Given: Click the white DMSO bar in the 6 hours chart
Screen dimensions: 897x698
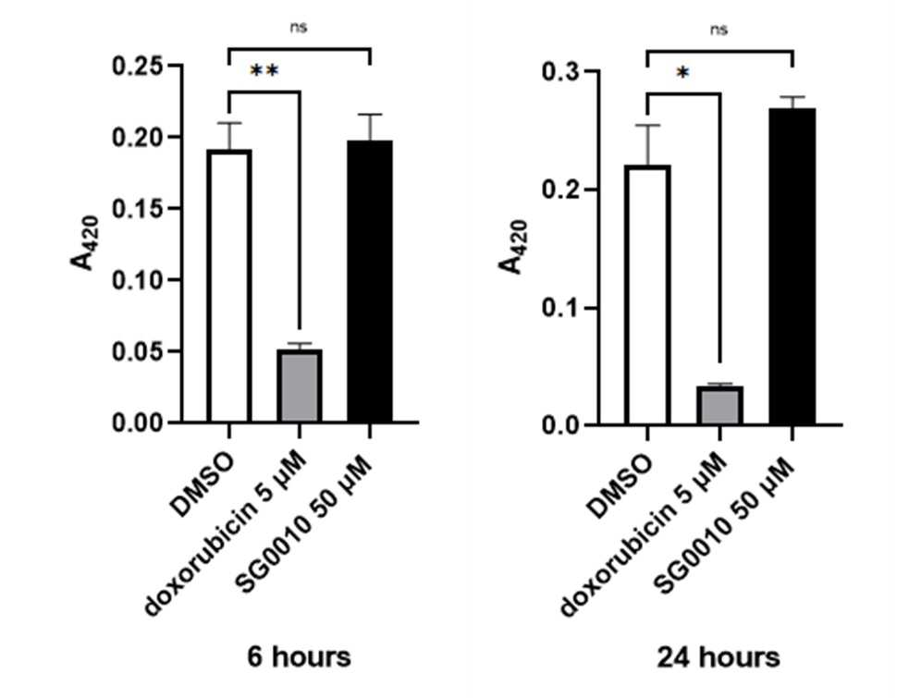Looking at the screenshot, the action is click(x=229, y=286).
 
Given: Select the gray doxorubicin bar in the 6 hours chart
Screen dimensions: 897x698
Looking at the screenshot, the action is click(x=300, y=386).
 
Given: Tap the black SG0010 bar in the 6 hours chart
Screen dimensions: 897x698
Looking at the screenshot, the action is click(x=370, y=281).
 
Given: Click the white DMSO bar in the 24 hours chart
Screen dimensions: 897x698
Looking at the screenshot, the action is click(x=647, y=295).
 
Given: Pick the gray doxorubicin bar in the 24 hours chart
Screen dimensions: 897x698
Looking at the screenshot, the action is click(x=719, y=406).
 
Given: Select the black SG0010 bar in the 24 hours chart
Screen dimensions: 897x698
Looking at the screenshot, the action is click(x=793, y=266).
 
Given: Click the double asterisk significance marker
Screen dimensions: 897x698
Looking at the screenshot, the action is click(x=264, y=71).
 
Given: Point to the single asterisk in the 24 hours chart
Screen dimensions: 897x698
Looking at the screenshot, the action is click(x=682, y=73).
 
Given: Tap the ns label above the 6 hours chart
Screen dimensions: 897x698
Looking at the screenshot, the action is click(x=299, y=27).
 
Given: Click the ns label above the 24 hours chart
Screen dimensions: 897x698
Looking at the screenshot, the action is click(x=719, y=30).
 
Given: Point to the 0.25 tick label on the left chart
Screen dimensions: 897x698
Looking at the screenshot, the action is click(x=138, y=66).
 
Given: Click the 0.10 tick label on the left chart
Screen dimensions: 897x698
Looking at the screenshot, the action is click(x=138, y=280).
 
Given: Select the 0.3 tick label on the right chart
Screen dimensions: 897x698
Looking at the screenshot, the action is click(x=561, y=71).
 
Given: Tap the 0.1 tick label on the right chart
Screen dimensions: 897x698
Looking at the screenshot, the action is click(x=561, y=308).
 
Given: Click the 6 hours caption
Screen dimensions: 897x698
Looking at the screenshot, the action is click(x=299, y=656).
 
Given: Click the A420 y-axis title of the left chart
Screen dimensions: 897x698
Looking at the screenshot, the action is click(x=84, y=242).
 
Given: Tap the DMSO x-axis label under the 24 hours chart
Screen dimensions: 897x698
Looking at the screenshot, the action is click(x=620, y=486).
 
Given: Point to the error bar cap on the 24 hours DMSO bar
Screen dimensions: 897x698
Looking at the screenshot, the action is click(x=647, y=125).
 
